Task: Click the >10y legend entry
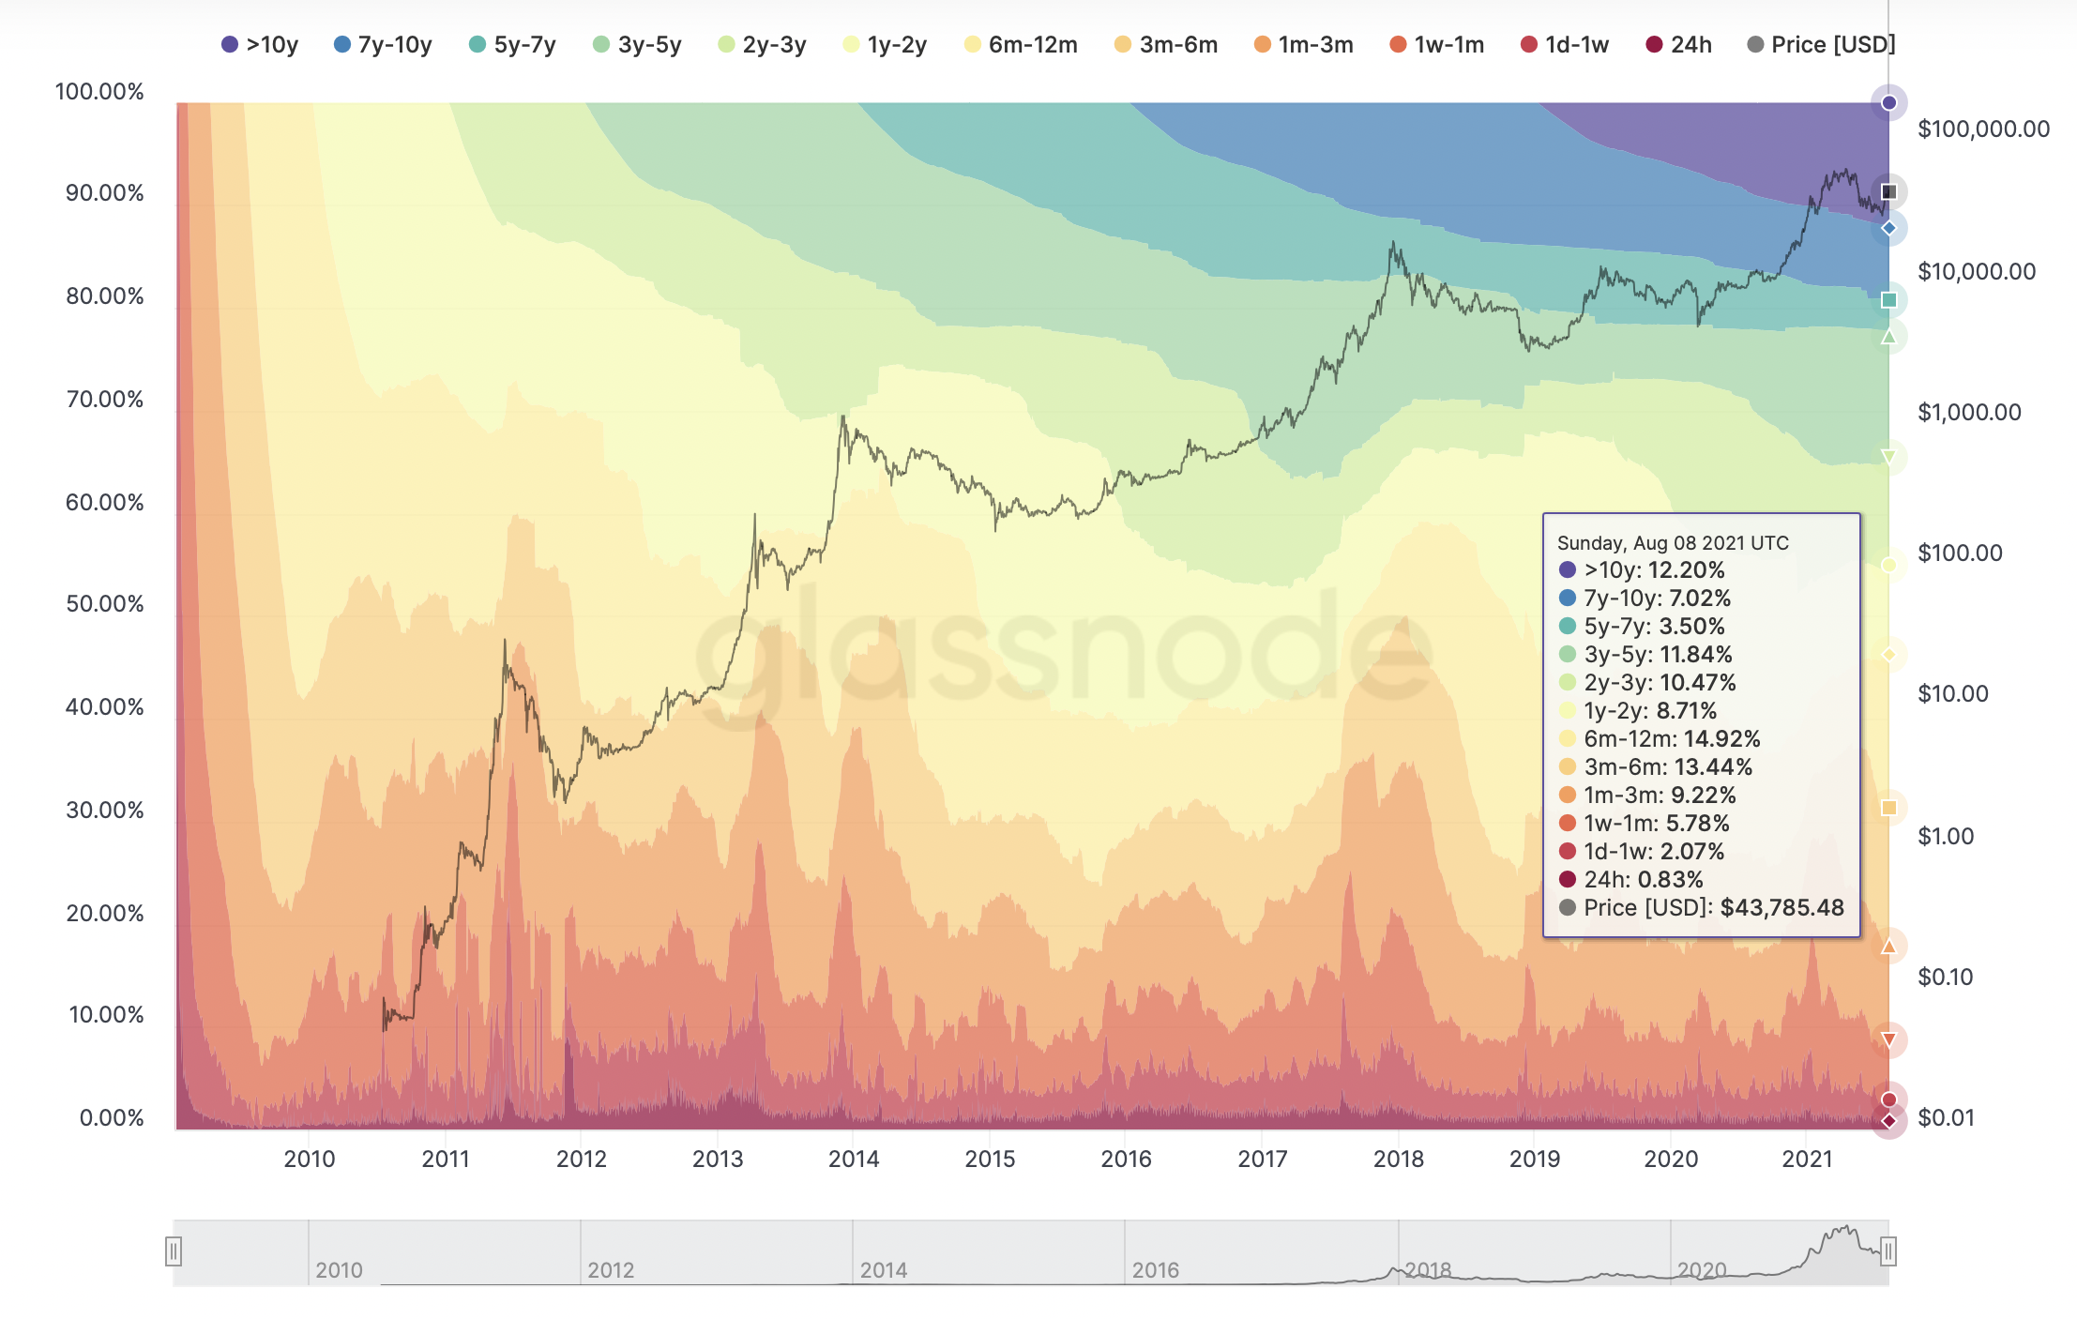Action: click(260, 44)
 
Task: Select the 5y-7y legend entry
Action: click(512, 44)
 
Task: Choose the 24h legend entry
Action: click(1679, 44)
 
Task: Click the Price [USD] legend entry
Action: click(1821, 44)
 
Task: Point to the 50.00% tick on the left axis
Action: click(104, 603)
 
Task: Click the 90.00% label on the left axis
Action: click(104, 193)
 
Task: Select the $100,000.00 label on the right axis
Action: click(1983, 129)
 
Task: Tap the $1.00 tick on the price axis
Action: click(1946, 836)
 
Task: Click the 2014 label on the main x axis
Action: click(854, 1159)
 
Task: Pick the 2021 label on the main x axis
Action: click(1807, 1159)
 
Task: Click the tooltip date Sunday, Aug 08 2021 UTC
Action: click(1673, 543)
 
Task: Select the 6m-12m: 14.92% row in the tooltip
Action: click(1672, 738)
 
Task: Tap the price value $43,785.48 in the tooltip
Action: click(1781, 907)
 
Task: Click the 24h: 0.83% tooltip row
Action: click(1643, 879)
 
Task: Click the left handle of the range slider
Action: click(174, 1251)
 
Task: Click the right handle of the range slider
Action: click(1888, 1251)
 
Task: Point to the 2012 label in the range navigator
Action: click(611, 1270)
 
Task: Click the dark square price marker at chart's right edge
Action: click(1889, 192)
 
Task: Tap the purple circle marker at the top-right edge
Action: click(1889, 102)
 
